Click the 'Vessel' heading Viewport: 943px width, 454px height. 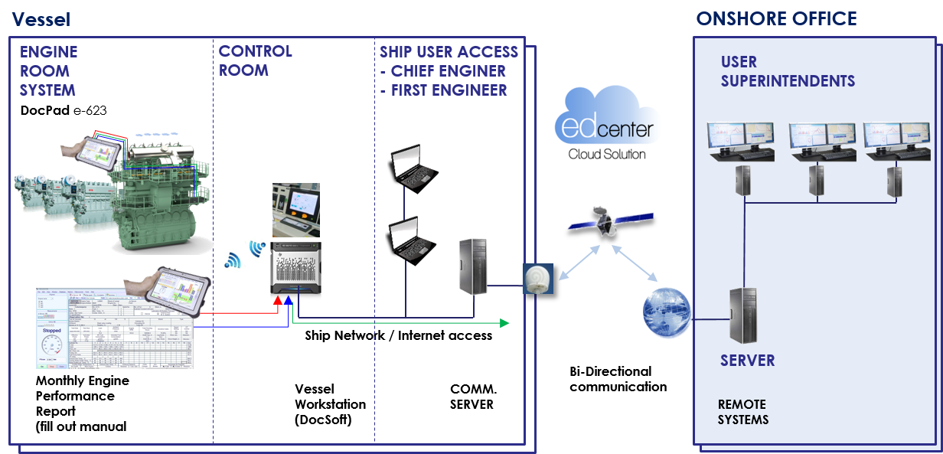click(x=41, y=19)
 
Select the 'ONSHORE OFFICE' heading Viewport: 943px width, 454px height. click(x=776, y=19)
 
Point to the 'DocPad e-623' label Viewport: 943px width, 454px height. click(x=64, y=110)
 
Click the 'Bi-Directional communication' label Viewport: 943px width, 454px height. click(x=618, y=379)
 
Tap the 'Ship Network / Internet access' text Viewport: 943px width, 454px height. click(x=398, y=335)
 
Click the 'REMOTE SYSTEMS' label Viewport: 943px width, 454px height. click(x=742, y=412)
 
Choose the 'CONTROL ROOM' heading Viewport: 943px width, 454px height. click(x=255, y=61)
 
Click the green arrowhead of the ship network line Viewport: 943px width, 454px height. click(x=503, y=322)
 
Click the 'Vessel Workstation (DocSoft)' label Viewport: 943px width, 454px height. click(x=330, y=404)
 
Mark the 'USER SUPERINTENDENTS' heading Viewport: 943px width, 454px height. click(x=788, y=71)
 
